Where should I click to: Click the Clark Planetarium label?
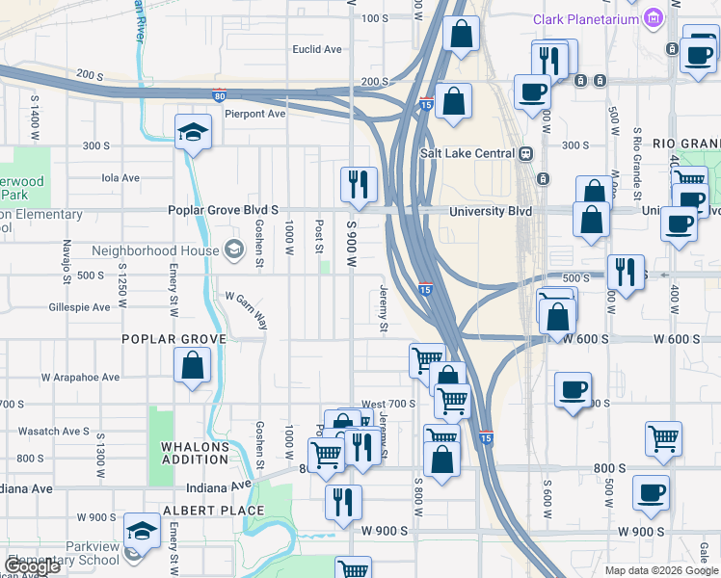click(587, 19)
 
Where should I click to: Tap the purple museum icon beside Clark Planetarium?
click(654, 18)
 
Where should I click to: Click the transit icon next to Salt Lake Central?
click(526, 153)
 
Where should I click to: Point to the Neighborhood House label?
click(154, 250)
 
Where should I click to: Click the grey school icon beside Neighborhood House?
click(232, 250)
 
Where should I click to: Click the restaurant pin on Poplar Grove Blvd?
click(360, 184)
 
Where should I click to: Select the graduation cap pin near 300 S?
click(193, 133)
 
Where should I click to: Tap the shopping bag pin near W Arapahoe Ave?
click(193, 366)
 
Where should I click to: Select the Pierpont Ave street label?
click(255, 114)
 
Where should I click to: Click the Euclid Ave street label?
click(317, 49)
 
